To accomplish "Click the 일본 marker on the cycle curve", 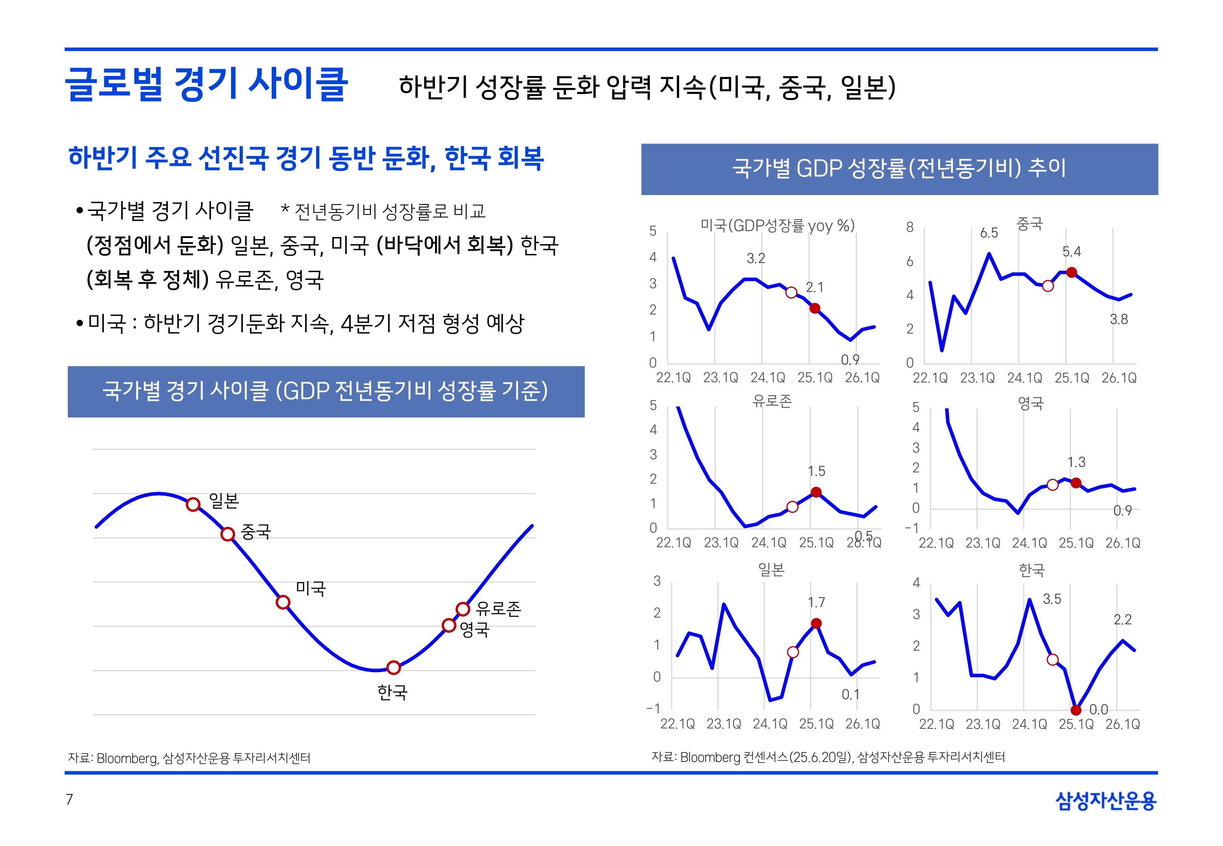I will click(x=193, y=504).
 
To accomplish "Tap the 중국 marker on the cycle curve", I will click(x=228, y=534).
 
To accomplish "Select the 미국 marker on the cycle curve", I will click(x=283, y=602).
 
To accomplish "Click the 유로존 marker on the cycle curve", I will click(x=462, y=609).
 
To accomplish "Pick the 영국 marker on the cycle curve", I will click(x=449, y=626).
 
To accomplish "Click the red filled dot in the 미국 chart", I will click(x=815, y=308).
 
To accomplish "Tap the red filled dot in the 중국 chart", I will click(x=1072, y=273).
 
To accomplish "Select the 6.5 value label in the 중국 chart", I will click(x=989, y=233).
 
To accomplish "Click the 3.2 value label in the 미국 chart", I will click(x=756, y=259).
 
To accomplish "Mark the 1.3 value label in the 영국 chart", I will click(x=1076, y=462).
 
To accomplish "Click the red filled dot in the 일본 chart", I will click(x=817, y=623).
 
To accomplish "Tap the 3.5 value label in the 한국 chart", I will click(x=1052, y=599).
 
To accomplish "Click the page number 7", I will click(x=69, y=799).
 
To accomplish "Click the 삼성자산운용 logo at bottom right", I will click(x=1106, y=801).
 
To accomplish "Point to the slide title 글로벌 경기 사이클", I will click(x=206, y=84).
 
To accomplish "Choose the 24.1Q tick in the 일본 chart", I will click(x=770, y=724).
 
